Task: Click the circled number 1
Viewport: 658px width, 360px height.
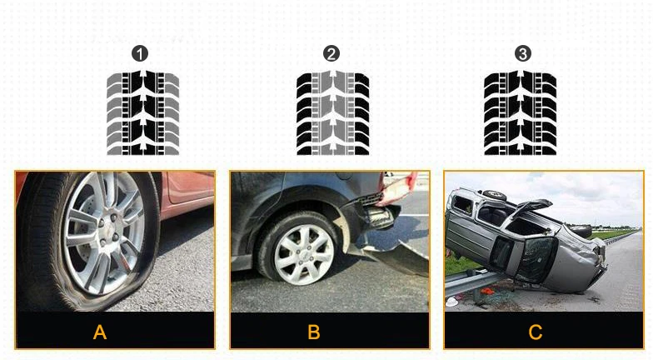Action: [x=140, y=54]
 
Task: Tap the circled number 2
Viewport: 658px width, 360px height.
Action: [x=331, y=54]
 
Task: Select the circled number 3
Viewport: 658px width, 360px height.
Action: [x=523, y=53]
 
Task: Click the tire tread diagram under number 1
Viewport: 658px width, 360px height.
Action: [x=143, y=113]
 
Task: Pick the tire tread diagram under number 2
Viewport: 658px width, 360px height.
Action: [x=333, y=113]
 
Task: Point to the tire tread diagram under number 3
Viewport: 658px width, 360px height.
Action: [x=521, y=113]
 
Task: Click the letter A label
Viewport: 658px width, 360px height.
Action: [x=100, y=332]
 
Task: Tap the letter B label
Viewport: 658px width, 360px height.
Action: [x=314, y=332]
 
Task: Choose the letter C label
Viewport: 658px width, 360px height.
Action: [x=536, y=332]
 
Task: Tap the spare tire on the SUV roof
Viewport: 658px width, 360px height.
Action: [x=495, y=194]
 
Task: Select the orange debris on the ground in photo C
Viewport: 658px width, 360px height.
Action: [x=486, y=291]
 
